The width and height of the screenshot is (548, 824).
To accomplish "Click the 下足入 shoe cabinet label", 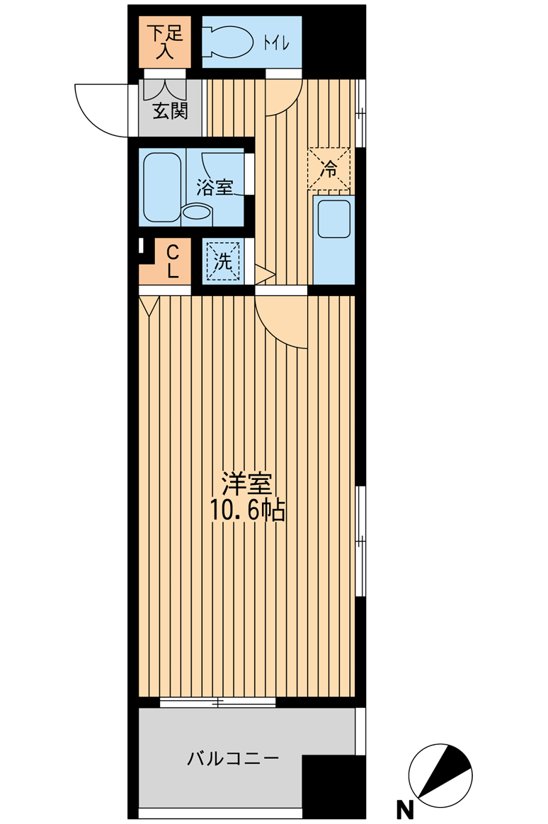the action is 164,42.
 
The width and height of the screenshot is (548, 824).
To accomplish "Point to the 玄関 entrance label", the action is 170,111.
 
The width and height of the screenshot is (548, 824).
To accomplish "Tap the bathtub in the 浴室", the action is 162,187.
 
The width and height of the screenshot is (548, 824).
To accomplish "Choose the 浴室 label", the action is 215,187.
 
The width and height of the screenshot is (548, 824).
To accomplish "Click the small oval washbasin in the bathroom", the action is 197,213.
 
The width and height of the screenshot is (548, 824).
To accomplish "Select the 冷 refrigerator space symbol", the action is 329,168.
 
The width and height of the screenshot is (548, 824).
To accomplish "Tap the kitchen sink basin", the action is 333,218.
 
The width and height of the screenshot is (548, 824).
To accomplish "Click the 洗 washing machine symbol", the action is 223,261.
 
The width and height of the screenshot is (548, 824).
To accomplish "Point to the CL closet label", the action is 172,262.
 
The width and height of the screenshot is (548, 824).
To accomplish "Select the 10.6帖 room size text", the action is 248,509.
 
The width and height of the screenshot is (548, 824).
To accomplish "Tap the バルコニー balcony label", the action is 233,759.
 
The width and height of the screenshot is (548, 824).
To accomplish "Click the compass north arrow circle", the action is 440,775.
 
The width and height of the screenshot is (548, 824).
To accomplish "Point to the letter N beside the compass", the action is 404,809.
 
